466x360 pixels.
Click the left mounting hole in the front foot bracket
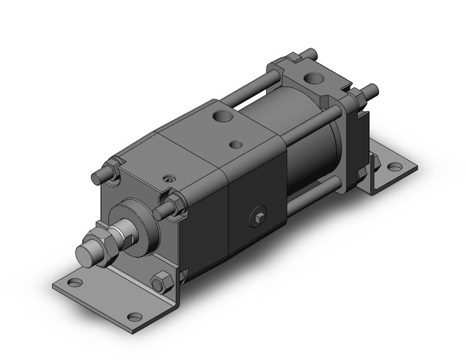click(75, 283)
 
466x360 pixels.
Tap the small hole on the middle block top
click(234, 145)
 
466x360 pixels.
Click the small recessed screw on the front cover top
click(167, 180)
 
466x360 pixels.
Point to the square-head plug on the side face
click(261, 216)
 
